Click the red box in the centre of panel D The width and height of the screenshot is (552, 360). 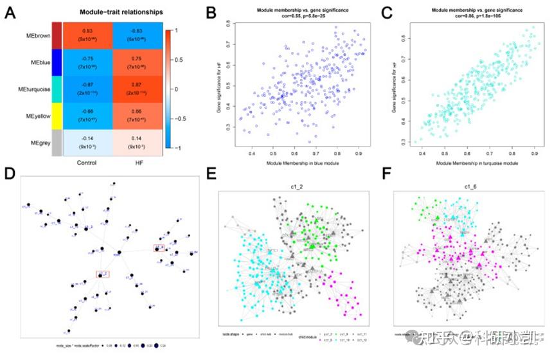point(103,274)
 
